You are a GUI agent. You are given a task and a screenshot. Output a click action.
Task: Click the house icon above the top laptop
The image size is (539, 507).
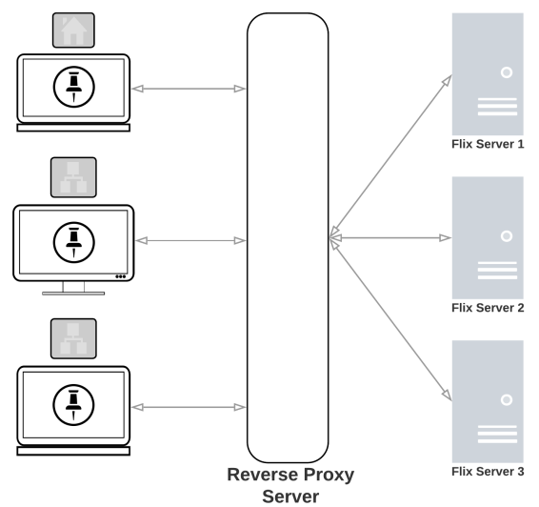coord(73,30)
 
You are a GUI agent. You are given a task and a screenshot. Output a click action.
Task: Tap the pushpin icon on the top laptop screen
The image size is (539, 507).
coord(74,87)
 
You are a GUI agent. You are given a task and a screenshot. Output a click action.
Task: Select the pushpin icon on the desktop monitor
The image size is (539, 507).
coord(74,242)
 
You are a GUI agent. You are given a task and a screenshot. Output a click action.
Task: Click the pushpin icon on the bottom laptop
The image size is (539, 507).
coord(73,405)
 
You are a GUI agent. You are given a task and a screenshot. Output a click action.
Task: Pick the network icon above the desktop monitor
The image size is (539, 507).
coord(73,177)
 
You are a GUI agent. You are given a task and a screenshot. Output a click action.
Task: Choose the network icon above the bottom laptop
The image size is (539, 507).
coord(73,338)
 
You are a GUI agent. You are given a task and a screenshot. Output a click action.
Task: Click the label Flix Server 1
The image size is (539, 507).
coord(488,144)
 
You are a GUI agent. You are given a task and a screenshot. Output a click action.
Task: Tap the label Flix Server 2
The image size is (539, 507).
coord(488,308)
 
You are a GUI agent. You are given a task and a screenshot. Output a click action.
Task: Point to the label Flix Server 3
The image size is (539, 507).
coord(488,471)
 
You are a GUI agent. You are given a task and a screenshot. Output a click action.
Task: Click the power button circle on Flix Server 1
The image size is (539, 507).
coord(507,72)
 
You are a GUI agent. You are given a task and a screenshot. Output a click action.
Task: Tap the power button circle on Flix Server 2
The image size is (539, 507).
coord(507,236)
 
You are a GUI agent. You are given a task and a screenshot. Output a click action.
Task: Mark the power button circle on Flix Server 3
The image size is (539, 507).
coord(507,399)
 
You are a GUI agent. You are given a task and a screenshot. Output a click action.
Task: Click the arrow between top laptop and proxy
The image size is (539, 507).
coord(189,89)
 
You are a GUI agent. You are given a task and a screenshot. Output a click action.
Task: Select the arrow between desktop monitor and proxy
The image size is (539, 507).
coord(190,241)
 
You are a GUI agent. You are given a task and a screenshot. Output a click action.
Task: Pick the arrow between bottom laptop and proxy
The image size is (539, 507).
coord(189,407)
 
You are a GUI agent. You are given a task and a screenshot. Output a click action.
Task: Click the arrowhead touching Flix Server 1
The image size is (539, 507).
coord(447,81)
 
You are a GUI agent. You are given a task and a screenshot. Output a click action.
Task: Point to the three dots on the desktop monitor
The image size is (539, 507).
coord(120,276)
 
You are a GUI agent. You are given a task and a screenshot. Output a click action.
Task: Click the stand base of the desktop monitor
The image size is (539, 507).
coord(73,294)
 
